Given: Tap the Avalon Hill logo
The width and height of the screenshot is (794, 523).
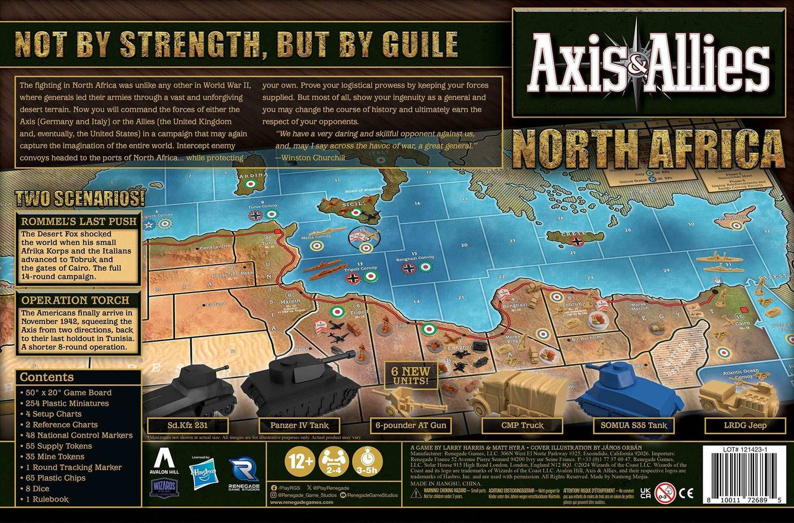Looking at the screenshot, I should coord(164,460).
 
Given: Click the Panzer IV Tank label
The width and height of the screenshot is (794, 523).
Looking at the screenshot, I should coord(299,425).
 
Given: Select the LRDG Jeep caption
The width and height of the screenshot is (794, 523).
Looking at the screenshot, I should coord(745,425).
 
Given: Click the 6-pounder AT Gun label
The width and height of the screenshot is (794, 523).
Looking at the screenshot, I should coord(411,425).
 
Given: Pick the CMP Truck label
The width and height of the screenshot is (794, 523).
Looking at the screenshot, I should coord(522,425).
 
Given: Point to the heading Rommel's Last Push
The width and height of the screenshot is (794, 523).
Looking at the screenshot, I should coord(79,221).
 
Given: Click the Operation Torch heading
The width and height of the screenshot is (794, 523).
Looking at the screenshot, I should coord(75,300).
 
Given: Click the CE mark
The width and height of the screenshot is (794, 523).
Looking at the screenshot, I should coord(686,493).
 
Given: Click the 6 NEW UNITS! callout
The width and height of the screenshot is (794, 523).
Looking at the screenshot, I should coord(410,375).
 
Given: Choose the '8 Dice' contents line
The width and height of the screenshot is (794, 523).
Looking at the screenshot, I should coord(37,488).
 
